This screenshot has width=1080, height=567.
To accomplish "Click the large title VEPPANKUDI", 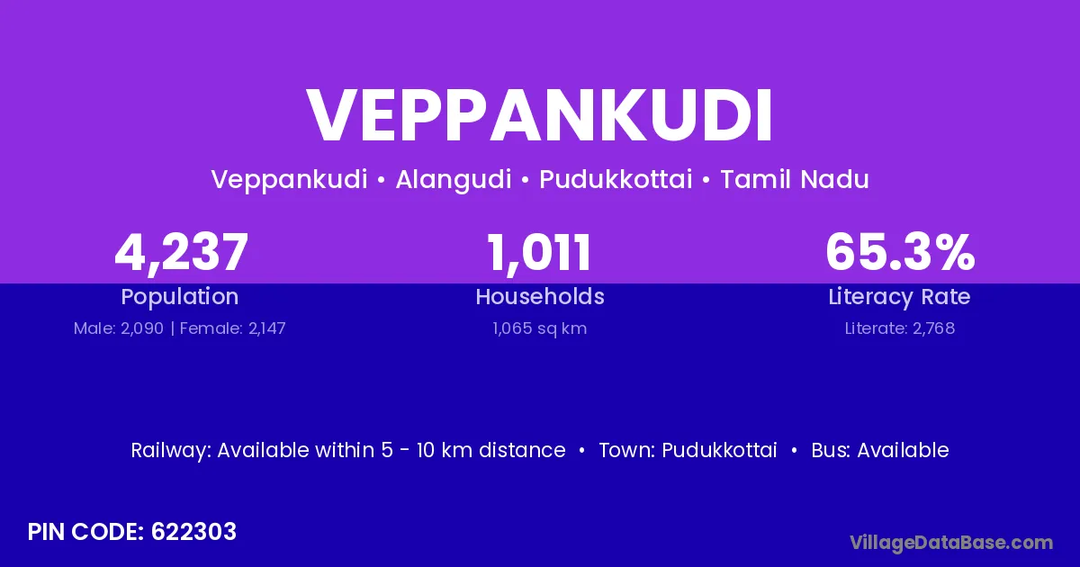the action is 540,115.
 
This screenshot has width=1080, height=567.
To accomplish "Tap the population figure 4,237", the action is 181,253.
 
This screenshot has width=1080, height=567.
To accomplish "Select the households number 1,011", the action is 539,253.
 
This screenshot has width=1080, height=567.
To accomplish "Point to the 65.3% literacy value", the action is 900,252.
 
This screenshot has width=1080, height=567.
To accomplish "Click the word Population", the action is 180,297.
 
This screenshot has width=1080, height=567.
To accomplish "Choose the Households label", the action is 540,296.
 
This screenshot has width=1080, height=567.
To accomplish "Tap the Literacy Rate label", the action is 899,297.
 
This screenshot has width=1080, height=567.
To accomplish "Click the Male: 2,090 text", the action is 119,328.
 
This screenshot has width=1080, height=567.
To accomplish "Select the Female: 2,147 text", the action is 233,328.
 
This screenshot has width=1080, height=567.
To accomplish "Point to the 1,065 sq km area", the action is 540,328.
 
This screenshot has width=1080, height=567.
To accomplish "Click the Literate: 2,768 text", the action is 900,328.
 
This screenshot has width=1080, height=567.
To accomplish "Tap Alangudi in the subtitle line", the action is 454,180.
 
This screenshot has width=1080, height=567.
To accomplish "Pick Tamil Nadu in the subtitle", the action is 795,179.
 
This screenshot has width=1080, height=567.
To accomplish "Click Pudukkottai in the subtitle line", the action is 616,179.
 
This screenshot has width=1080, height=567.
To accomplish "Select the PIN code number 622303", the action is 193,532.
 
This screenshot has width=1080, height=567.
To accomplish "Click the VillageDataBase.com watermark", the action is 951,543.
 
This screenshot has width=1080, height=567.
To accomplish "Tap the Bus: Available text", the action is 880,450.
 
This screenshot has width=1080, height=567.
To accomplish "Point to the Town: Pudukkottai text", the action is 688,450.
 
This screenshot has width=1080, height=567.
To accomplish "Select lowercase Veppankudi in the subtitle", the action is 289,180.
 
